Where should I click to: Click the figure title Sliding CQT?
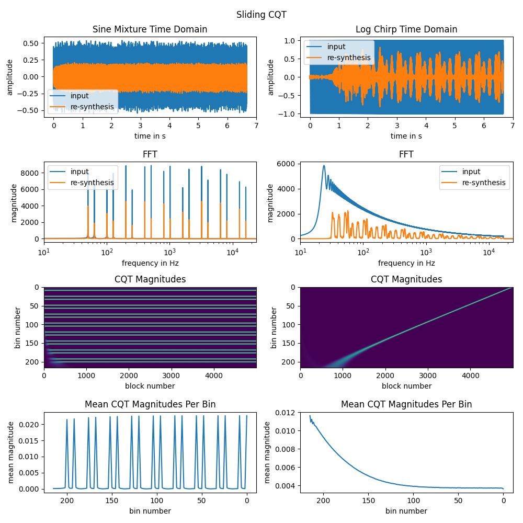[x=261, y=15]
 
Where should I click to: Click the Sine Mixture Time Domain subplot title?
[x=150, y=29]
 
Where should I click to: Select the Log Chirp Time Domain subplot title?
[x=406, y=29]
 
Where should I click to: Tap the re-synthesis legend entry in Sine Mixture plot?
[x=92, y=107]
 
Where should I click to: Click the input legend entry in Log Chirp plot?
[x=340, y=47]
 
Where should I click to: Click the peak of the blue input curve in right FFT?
[x=324, y=166]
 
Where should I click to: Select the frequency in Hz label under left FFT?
[x=150, y=263]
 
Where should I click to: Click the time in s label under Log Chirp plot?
[x=406, y=136]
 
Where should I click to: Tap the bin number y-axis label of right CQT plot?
[x=273, y=328]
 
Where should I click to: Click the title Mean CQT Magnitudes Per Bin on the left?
[x=150, y=404]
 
